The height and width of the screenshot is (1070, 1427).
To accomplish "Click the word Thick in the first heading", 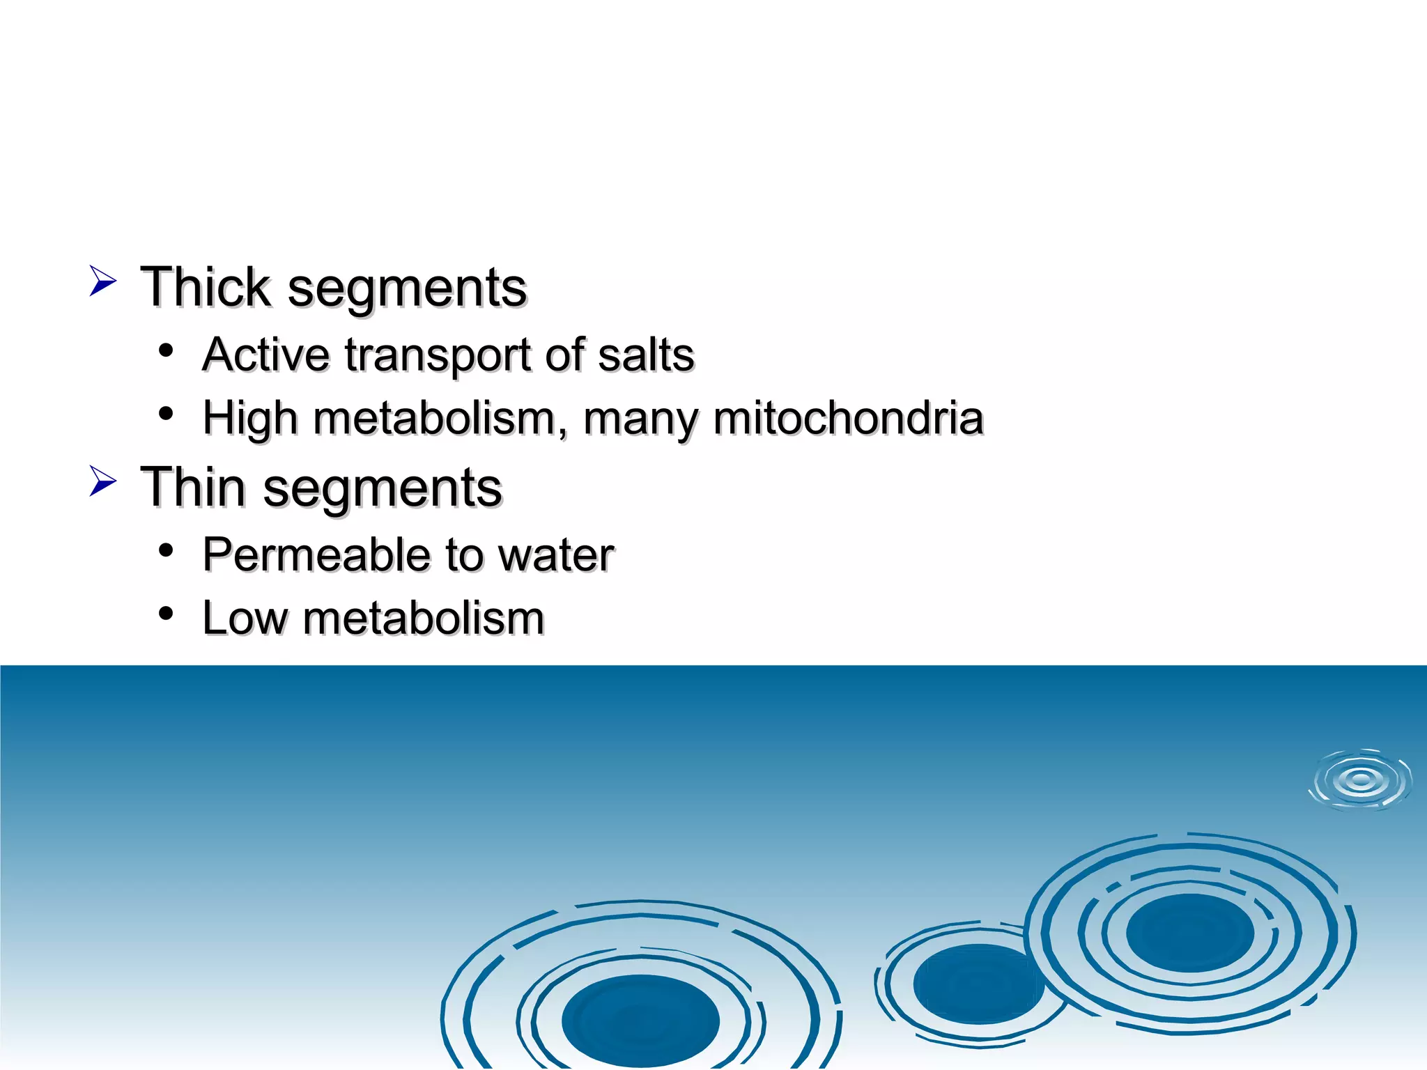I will pyautogui.click(x=205, y=287).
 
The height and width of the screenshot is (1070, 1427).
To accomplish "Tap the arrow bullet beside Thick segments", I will pyautogui.click(x=102, y=281).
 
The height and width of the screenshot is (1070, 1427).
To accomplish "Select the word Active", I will pyautogui.click(x=265, y=355).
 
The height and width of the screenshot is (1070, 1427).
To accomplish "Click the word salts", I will pyautogui.click(x=646, y=355).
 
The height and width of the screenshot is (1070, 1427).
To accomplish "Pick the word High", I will pyautogui.click(x=250, y=419).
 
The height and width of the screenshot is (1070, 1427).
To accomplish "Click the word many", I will pyautogui.click(x=640, y=420).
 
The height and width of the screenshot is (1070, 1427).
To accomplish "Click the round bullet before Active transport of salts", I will pyautogui.click(x=166, y=350).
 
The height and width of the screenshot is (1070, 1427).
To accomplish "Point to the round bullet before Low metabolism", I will pyautogui.click(x=166, y=614).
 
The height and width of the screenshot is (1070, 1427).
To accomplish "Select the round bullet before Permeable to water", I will pyautogui.click(x=166, y=551).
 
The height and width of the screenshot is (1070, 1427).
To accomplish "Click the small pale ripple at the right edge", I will pyautogui.click(x=1360, y=780).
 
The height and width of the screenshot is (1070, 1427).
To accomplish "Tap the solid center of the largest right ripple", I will pyautogui.click(x=1189, y=933).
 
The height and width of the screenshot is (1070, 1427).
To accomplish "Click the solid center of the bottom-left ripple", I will pyautogui.click(x=640, y=1021).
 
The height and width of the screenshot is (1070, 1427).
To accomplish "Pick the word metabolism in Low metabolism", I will pyautogui.click(x=423, y=618).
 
